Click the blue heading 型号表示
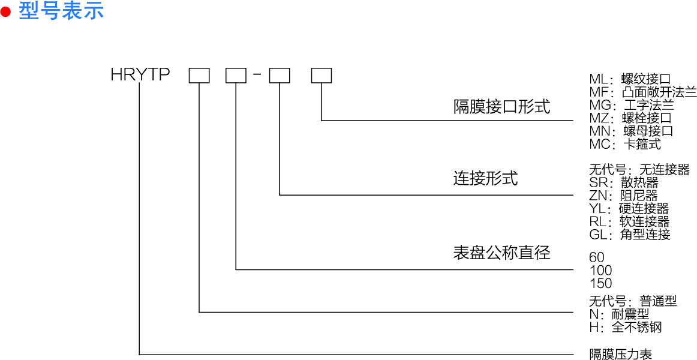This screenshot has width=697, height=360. pos(61,11)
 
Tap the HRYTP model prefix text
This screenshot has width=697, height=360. pos(140,75)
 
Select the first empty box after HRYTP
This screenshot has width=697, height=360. pos(199,75)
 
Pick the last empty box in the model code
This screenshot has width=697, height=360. pos(322,75)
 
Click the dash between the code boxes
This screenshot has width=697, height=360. pos(257,74)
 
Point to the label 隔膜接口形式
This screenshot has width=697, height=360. pos(501,107)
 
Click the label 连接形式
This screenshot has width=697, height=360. pos(485,178)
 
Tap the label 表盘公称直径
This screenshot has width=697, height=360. pos(501,252)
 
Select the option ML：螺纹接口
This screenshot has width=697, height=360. pos(630,79)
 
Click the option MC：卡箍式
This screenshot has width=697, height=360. pos(625,144)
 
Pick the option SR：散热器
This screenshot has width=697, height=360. pos(624,182)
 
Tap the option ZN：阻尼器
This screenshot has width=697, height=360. pos(624,196)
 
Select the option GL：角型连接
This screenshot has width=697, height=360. pos(630,235)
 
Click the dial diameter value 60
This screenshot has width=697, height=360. pos(597,257)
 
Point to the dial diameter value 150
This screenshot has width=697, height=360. pos(600,284)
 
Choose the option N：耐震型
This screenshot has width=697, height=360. pos(619,314)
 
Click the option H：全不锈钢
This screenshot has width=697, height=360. pos(626,327)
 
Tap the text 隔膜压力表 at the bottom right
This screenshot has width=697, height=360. pos(621,354)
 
